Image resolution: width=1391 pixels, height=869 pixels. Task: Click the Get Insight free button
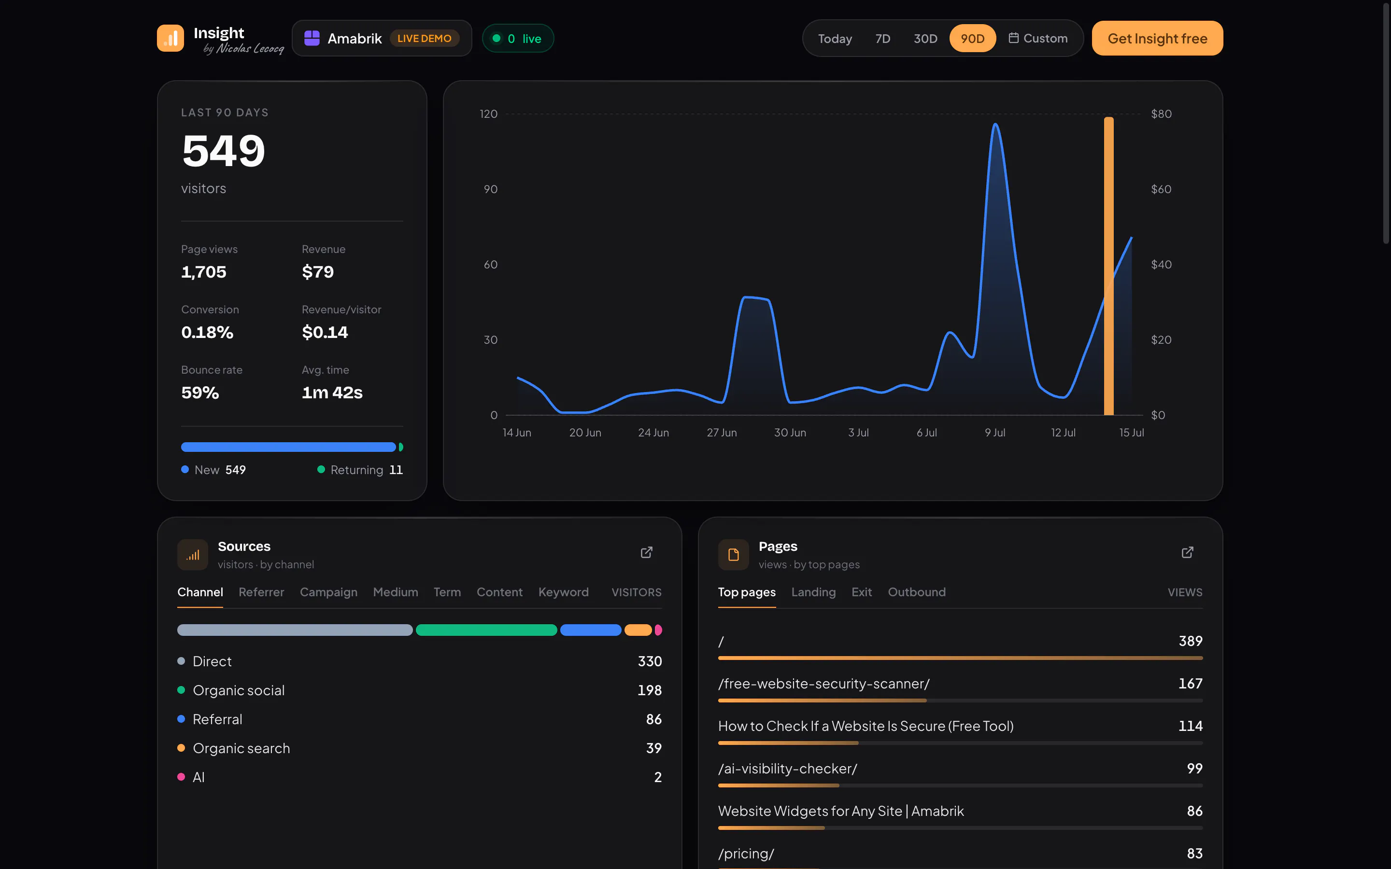[x=1157, y=39]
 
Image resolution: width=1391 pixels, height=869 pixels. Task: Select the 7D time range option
[x=882, y=39]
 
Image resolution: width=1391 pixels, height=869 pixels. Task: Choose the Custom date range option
[x=1038, y=39]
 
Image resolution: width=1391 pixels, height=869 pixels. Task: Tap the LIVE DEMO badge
[x=424, y=39]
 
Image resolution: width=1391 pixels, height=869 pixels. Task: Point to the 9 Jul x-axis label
[x=995, y=433]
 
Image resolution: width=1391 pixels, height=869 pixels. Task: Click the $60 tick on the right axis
[x=1161, y=189]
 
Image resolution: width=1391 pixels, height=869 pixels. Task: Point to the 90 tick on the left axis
[x=490, y=189]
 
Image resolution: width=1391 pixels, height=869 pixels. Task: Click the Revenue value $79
[x=318, y=272]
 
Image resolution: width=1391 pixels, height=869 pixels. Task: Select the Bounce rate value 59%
[x=200, y=392]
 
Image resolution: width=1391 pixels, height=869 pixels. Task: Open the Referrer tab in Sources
[x=261, y=592]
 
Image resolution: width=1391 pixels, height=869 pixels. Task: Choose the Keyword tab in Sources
[x=563, y=592]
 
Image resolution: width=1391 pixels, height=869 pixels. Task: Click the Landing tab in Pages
[x=813, y=592]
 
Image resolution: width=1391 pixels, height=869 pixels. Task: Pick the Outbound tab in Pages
[x=917, y=592]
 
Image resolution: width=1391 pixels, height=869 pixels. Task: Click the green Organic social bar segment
[x=486, y=630]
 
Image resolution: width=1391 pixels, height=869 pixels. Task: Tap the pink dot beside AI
[x=181, y=777]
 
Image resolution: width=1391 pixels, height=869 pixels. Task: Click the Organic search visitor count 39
[x=653, y=748]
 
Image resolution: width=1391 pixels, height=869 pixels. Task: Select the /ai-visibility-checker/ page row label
[x=787, y=769]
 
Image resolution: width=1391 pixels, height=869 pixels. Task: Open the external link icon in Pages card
[x=1188, y=552]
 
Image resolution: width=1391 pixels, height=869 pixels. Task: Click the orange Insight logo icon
[x=170, y=39]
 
